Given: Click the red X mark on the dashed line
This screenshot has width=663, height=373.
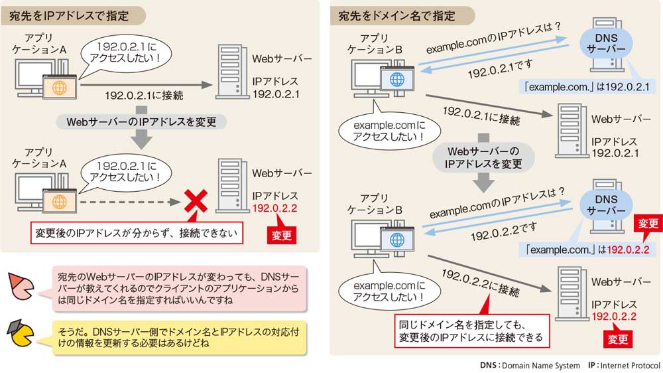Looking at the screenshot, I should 193,200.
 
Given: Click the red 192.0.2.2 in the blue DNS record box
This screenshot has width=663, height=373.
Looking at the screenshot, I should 628,250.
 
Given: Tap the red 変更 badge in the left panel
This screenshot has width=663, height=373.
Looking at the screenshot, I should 281,236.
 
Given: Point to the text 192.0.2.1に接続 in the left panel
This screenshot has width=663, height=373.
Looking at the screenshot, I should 144,98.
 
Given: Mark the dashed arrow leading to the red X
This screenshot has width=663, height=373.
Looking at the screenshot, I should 126,200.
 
